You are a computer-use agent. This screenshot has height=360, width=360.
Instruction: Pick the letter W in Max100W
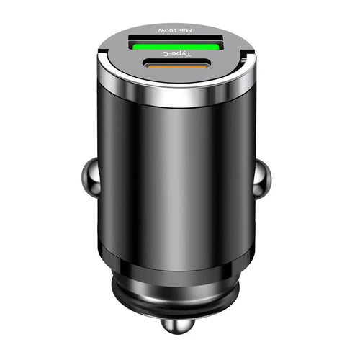click(x=165, y=30)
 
